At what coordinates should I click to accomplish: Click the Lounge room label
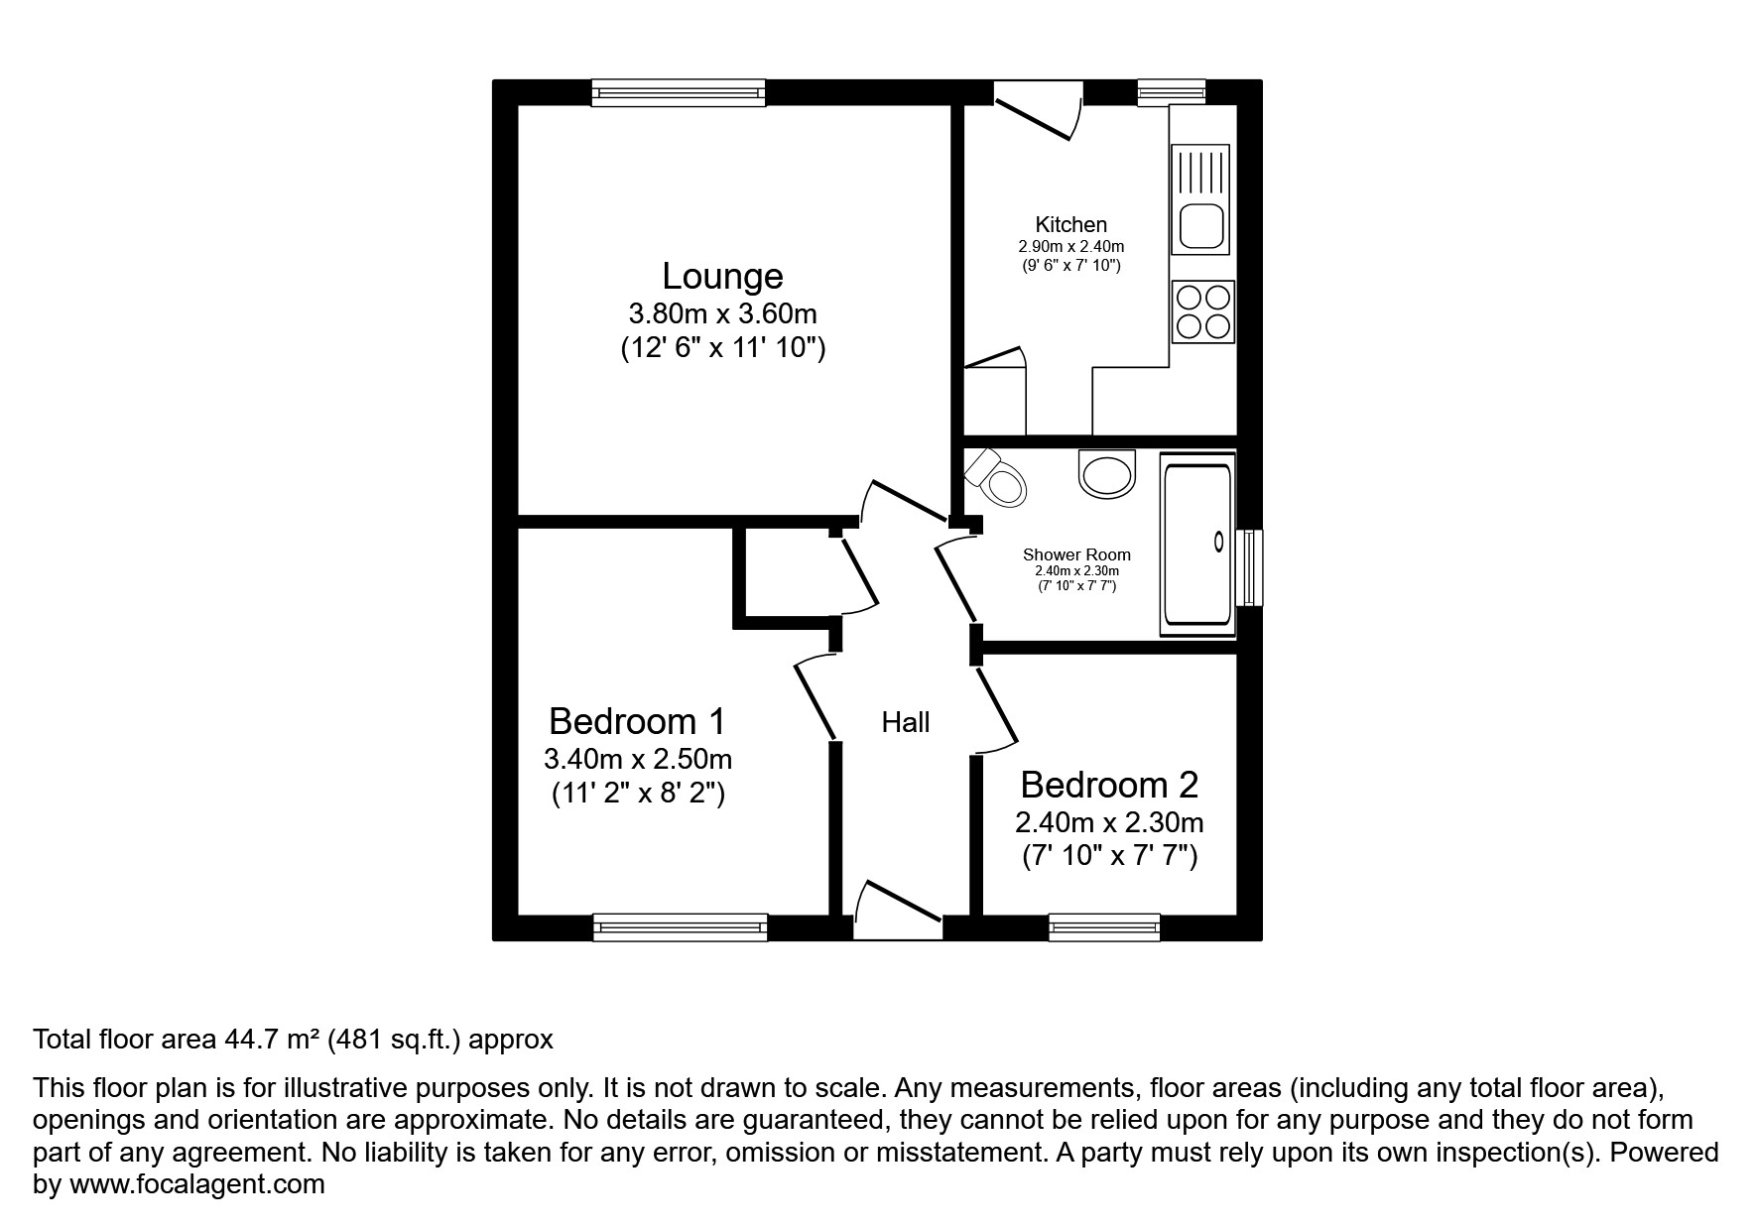coord(722,276)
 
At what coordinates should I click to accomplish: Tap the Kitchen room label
coord(1070,224)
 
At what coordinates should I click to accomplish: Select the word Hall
coord(905,722)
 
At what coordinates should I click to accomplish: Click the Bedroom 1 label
coord(637,720)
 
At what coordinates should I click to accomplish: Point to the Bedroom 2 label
coord(1109,785)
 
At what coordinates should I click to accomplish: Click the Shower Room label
coord(1076,554)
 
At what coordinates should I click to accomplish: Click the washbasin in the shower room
coord(1107,473)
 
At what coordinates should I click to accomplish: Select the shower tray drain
coord(1219,541)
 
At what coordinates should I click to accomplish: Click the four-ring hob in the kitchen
coord(1202,311)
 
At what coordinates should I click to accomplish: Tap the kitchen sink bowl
coord(1201,227)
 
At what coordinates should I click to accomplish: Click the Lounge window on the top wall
coord(680,93)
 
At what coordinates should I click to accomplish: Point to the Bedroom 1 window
coord(680,926)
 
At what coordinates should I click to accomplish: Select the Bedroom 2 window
coord(1104,926)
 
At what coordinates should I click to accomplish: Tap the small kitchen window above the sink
coord(1171,93)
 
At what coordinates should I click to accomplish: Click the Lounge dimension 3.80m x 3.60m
coord(722,314)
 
